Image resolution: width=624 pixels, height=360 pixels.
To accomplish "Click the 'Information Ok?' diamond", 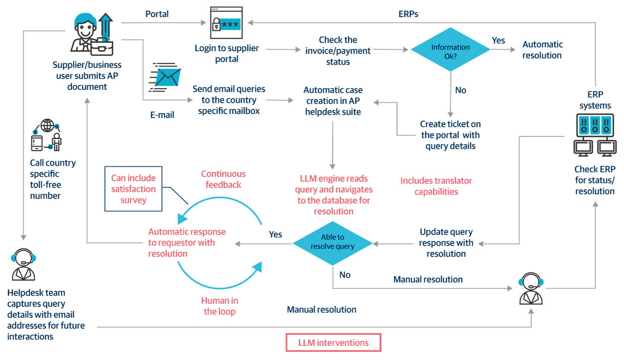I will [450, 50].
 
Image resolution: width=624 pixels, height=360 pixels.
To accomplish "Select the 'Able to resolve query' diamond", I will [332, 242].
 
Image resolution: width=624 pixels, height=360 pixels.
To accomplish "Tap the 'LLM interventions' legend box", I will [333, 342].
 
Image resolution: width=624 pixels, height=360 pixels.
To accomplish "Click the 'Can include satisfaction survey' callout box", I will [133, 189].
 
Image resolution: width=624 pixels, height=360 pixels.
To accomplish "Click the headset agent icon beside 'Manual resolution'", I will [531, 288].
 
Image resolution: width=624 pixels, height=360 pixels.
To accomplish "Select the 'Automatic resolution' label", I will [542, 50].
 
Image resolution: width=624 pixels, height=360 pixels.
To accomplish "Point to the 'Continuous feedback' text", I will [223, 179].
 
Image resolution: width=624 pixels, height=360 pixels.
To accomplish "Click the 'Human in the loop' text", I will [219, 306].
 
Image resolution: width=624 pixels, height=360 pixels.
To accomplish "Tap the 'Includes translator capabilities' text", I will [436, 186].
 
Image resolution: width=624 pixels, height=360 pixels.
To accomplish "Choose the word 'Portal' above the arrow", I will [157, 14].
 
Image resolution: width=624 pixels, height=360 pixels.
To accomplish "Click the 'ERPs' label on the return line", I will [408, 14].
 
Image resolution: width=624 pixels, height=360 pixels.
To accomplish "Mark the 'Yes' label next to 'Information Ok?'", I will [498, 40].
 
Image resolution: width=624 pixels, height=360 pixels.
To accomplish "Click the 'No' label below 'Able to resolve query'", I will [345, 275].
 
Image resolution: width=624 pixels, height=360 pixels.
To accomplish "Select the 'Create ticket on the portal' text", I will [450, 134].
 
